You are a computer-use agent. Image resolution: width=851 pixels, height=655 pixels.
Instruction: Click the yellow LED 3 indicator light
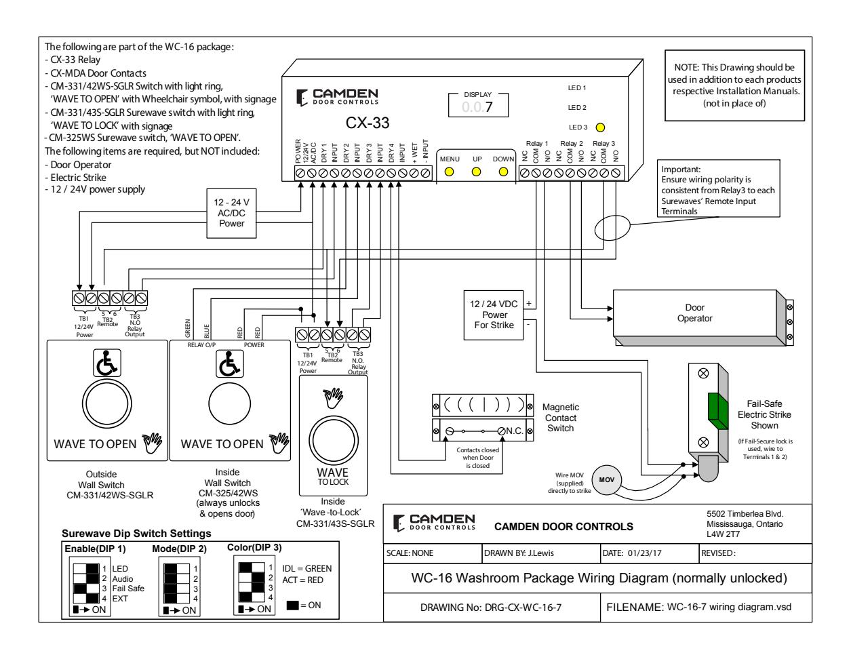[600, 127]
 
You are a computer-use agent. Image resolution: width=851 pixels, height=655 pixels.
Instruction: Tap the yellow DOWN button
[503, 172]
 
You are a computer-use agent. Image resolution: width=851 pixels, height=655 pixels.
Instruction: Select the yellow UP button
[476, 172]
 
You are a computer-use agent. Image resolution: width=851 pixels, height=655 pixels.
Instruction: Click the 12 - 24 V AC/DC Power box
[231, 214]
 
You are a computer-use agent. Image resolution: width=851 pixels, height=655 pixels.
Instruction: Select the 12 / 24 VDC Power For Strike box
[494, 315]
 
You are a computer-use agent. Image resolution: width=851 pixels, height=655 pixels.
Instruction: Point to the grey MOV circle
[606, 479]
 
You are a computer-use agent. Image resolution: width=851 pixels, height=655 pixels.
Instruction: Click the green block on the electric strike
[717, 411]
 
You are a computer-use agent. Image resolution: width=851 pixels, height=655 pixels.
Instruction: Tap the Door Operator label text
[695, 313]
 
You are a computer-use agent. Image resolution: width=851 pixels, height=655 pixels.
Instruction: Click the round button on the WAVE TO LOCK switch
[333, 441]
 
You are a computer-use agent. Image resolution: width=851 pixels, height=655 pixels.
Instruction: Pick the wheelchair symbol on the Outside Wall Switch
[107, 363]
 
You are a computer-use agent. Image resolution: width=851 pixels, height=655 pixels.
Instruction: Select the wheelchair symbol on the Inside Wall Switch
[229, 363]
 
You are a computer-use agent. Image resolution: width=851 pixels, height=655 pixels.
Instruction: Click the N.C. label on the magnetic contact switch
[514, 431]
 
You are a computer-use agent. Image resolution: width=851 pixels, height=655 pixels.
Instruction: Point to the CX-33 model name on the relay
[368, 123]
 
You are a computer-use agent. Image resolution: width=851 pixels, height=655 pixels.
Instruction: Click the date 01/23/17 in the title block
[644, 553]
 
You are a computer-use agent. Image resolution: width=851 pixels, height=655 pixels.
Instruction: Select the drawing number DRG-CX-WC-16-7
[523, 608]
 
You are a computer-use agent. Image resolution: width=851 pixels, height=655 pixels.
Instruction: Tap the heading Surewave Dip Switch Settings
[136, 533]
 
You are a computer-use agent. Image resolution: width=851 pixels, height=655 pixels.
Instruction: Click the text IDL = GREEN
[306, 568]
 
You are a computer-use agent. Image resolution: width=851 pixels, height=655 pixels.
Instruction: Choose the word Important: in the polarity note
[681, 170]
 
